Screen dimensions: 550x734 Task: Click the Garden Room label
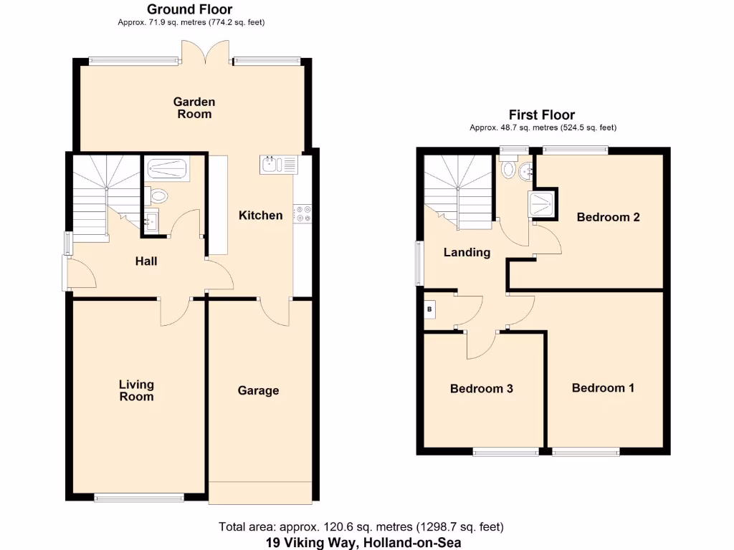point(194,108)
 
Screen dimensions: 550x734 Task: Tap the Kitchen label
point(260,215)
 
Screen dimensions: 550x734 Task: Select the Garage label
point(258,390)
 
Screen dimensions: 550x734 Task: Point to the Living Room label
point(136,390)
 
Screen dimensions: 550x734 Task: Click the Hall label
point(146,261)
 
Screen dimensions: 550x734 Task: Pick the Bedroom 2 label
point(608,217)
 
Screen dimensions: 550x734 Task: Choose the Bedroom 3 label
point(481,389)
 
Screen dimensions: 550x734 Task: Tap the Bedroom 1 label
point(603,388)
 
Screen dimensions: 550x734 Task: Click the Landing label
point(467,252)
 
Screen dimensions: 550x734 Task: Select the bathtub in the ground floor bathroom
point(167,170)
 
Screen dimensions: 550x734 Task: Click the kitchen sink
point(278,164)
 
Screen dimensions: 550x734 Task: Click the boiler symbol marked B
point(430,309)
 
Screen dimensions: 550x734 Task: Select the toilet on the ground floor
point(158,195)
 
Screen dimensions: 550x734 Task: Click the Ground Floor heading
point(190,9)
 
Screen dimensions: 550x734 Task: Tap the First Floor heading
point(542,115)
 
